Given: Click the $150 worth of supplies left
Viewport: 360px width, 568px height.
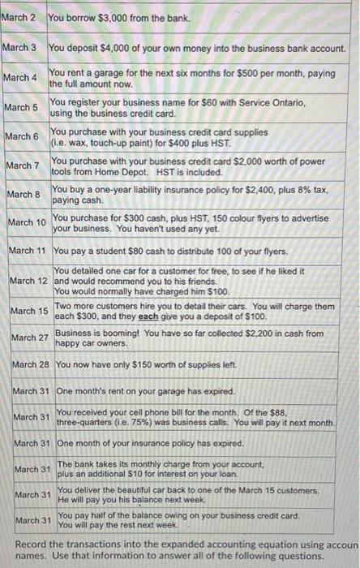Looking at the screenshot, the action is click(x=131, y=364).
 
